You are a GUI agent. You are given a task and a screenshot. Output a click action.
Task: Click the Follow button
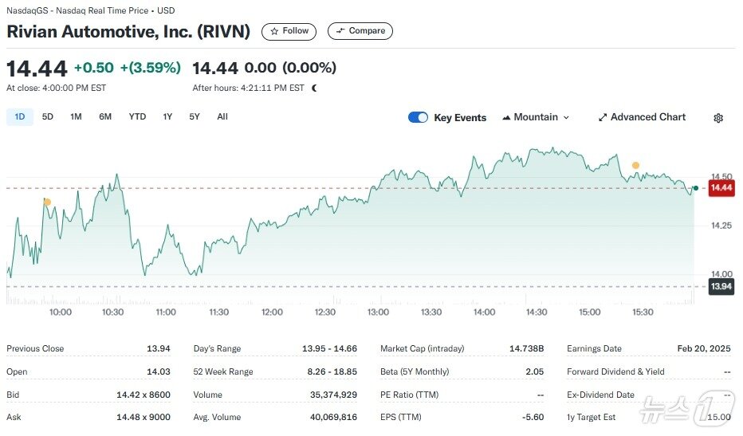[289, 31]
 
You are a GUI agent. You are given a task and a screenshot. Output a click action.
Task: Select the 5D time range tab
[48, 117]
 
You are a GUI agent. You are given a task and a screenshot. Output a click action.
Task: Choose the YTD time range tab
[137, 117]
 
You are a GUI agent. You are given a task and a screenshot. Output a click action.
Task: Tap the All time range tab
[222, 117]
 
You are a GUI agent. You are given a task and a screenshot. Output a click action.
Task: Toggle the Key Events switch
[418, 117]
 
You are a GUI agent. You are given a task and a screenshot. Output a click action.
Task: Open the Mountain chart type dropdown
[536, 117]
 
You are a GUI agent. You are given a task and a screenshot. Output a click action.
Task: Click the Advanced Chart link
[642, 117]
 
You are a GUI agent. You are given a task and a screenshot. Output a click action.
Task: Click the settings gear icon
[718, 118]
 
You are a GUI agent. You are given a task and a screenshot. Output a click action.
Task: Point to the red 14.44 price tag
[721, 188]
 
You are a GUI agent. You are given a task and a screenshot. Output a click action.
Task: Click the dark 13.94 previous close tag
[721, 286]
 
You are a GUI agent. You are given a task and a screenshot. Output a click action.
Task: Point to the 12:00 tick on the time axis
[272, 312]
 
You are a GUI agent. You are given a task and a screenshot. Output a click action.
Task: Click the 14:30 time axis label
[537, 312]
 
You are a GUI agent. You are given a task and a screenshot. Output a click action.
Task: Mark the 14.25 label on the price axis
[721, 226]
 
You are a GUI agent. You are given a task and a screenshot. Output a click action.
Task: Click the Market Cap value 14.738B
[526, 349]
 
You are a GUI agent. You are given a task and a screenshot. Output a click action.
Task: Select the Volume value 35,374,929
[333, 395]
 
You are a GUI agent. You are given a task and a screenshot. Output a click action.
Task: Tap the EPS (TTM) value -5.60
[532, 417]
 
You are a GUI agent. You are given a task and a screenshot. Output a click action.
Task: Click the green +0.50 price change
[93, 68]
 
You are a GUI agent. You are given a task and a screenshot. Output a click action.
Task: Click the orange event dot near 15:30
[635, 166]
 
